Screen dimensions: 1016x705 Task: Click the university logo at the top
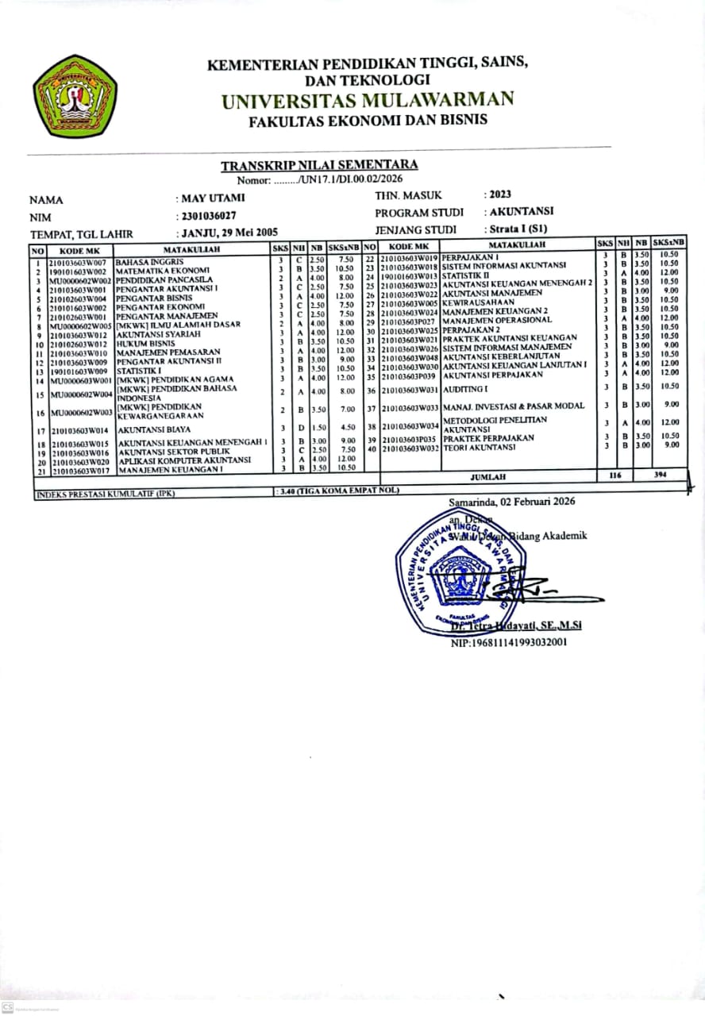coord(75,97)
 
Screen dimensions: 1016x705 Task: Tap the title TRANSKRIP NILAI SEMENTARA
coord(319,165)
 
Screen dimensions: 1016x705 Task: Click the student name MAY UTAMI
coord(214,198)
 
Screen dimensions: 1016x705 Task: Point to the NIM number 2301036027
coord(209,215)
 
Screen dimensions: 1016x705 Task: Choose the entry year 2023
coord(501,194)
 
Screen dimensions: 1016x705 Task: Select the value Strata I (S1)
coord(520,229)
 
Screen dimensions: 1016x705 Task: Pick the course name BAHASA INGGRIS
coord(150,260)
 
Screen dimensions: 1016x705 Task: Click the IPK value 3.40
coord(287,491)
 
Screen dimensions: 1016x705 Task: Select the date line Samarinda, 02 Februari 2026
coord(511,502)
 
